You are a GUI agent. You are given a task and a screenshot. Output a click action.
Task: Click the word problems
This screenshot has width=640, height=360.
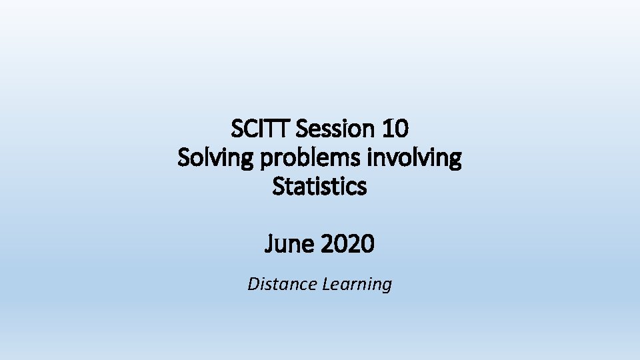306,158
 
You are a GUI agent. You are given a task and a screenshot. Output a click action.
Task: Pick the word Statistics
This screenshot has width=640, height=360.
319,187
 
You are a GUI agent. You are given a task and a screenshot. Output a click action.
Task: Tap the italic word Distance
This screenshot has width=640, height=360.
282,285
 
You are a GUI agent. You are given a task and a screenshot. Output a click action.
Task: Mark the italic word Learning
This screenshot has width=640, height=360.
357,285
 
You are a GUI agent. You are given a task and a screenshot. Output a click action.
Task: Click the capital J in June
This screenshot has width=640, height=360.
269,245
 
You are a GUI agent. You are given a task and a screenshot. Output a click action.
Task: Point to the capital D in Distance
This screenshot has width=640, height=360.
253,285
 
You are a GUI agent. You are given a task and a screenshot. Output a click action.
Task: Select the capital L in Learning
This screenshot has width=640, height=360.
326,285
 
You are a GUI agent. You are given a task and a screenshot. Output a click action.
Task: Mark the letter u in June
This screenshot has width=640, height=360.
281,246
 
